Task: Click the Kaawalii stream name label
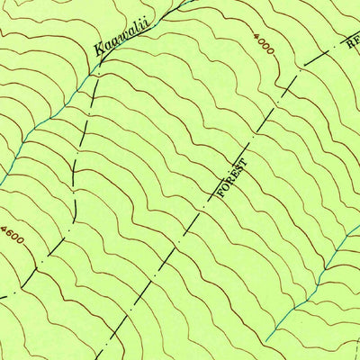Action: [x=121, y=36]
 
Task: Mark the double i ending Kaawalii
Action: [x=145, y=19]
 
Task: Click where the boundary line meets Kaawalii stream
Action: [x=97, y=67]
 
